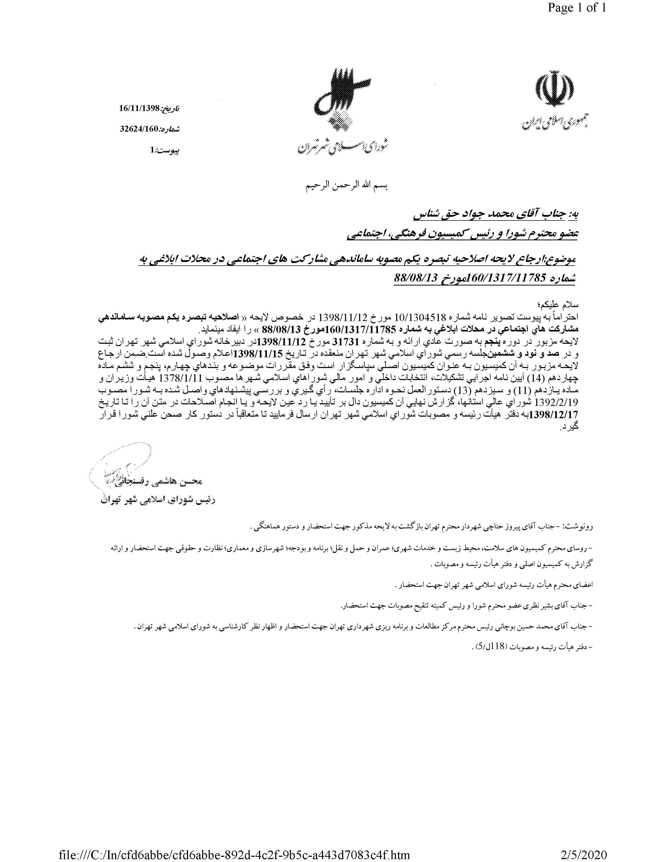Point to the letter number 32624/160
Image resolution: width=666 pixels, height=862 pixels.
pos(139,129)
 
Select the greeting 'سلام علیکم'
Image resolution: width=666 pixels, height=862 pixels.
pos(563,306)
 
